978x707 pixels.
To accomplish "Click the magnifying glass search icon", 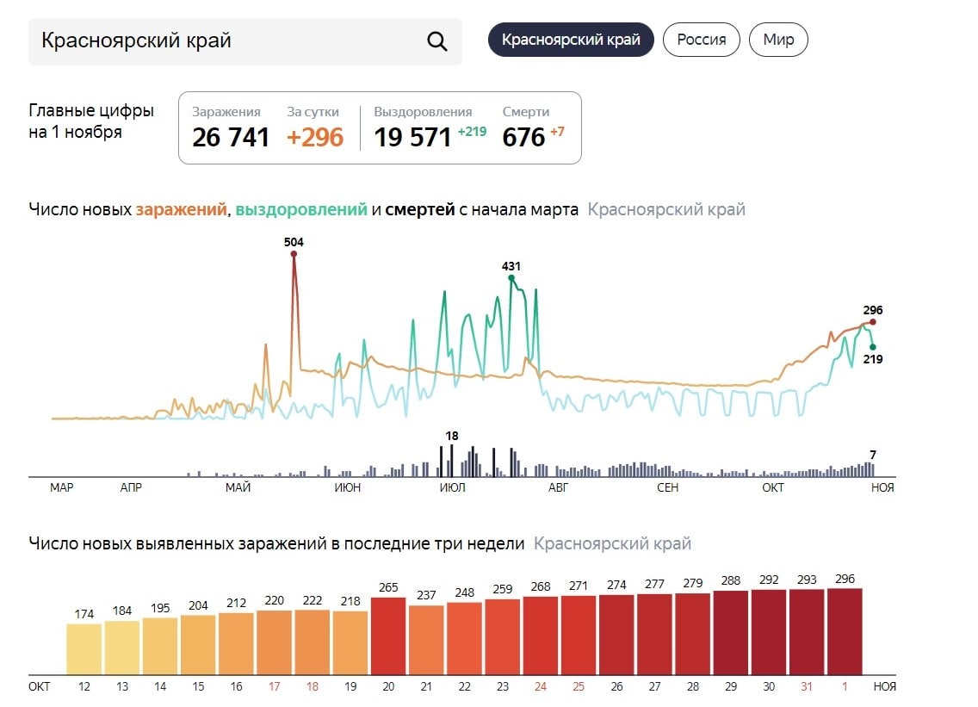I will pos(437,41).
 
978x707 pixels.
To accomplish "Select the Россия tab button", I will pos(701,40).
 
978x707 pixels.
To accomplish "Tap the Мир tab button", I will pos(778,40).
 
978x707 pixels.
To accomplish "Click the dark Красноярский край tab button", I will pos(571,40).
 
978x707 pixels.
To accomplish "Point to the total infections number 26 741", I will pos(231,137).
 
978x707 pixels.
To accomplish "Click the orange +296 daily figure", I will pos(315,137).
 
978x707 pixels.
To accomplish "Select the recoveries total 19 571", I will pos(412,137).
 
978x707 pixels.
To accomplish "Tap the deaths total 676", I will pos(524,137).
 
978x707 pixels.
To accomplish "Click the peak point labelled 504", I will pos(294,254).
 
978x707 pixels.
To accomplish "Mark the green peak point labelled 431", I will pos(511,278).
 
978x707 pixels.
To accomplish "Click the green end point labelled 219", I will pos(872,347).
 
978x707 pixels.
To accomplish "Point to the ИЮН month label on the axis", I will pos(347,488).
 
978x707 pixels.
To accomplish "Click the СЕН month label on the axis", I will pos(667,488).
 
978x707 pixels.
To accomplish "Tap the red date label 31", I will pos(807,686).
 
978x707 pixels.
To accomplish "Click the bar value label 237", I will pos(425,595).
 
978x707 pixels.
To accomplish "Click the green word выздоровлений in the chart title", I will pos(301,209).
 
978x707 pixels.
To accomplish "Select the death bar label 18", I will pos(452,436).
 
